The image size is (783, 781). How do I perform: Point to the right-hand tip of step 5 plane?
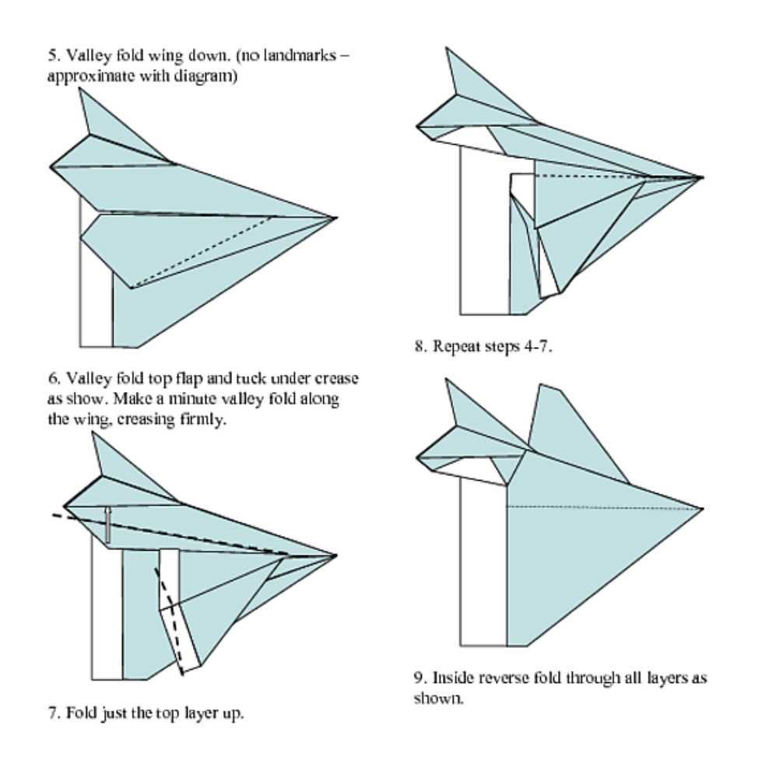click(x=335, y=219)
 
